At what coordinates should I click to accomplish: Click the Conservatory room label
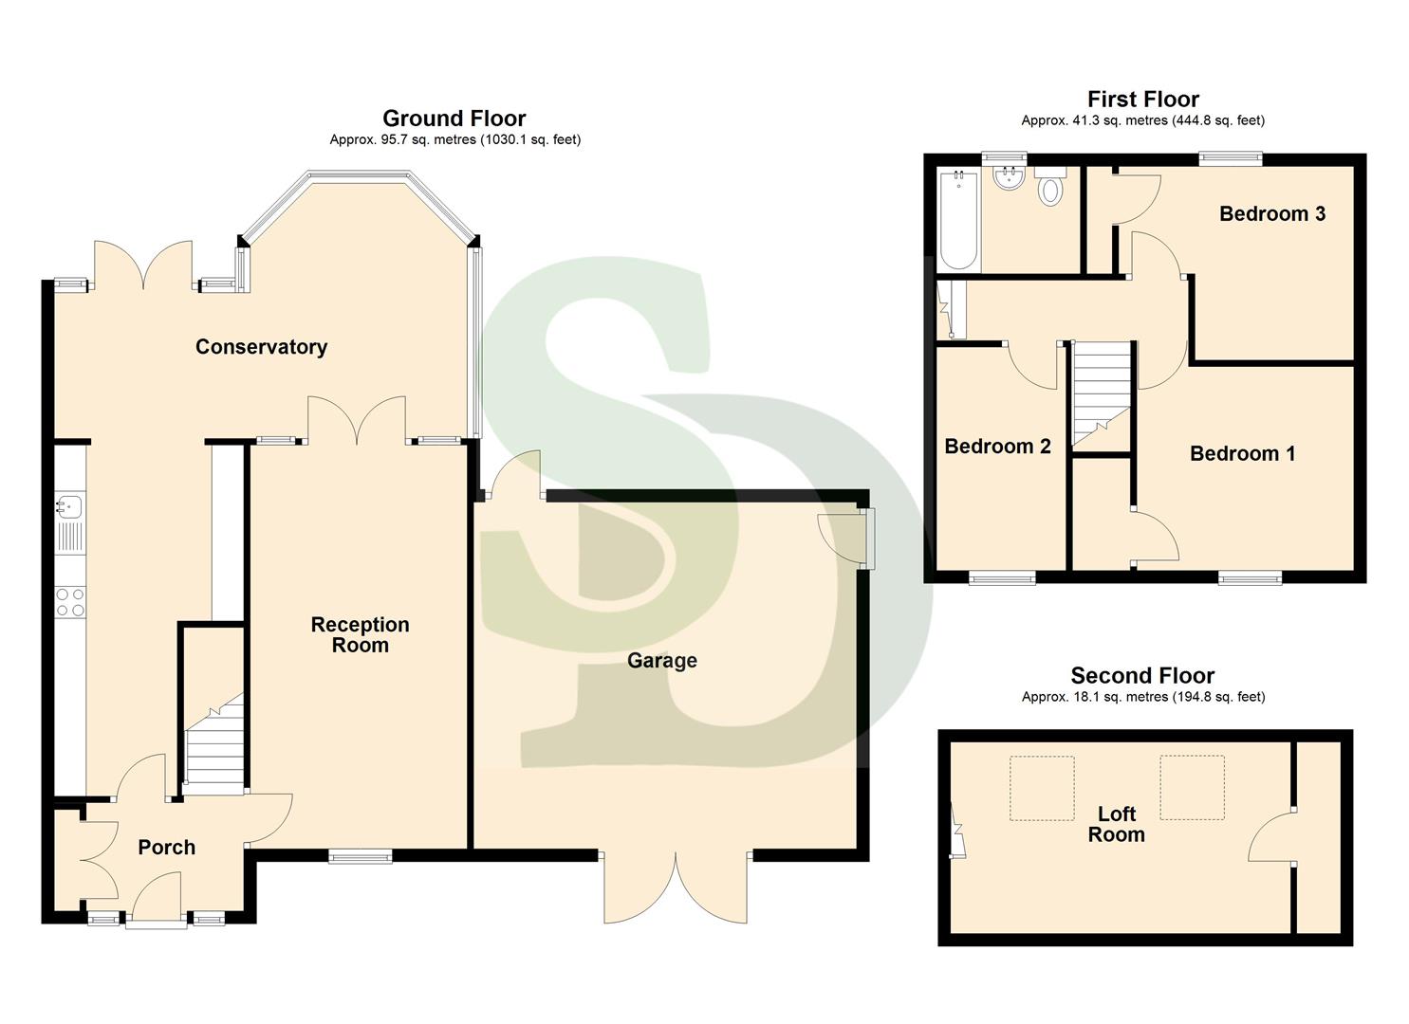coord(261,347)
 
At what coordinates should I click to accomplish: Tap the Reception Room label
coord(360,634)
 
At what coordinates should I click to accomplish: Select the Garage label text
coord(661,661)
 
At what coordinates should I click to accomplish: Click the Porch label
coord(166,848)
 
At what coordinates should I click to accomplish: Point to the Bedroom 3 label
coord(1271,214)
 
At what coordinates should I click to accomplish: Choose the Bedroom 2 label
coord(997,447)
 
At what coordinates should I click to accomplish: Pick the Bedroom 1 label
coord(1242,454)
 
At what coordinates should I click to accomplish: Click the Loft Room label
coord(1116,824)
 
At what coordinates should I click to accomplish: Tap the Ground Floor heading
coord(454,119)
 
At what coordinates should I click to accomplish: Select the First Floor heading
coord(1142,100)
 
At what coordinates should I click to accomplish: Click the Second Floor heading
coord(1142,676)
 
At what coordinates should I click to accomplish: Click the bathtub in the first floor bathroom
coord(957,220)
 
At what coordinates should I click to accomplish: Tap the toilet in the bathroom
coord(1049,189)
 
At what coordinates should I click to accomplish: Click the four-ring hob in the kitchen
coord(70,602)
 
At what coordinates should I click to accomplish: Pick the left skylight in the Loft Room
coord(1041,788)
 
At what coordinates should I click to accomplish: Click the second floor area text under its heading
coord(1142,697)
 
